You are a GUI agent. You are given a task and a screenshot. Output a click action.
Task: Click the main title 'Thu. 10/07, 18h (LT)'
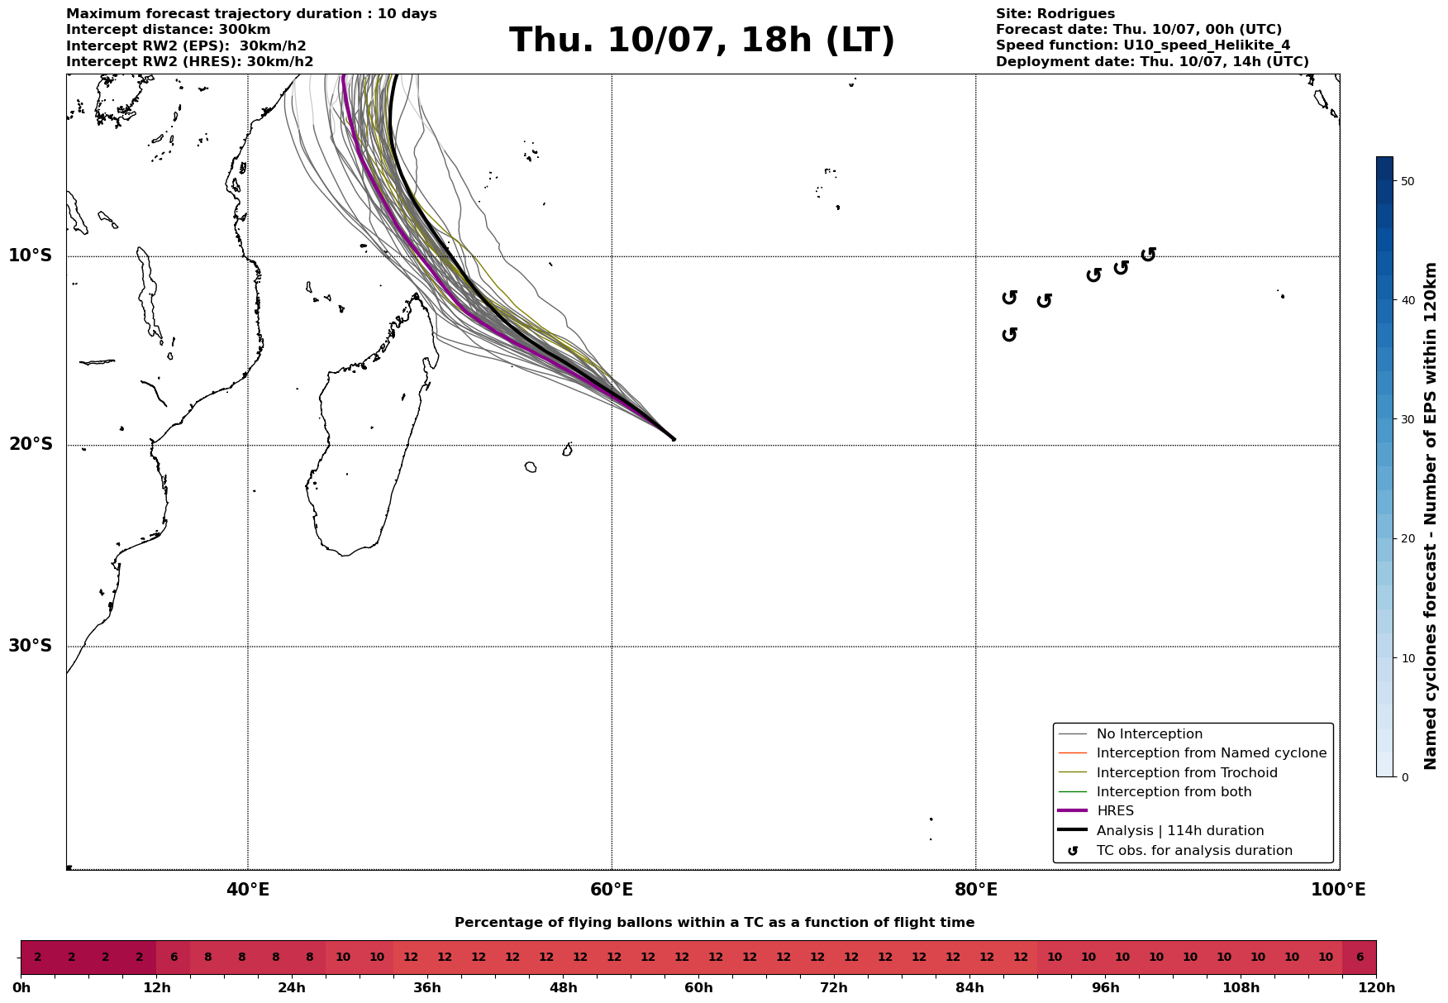click(x=702, y=41)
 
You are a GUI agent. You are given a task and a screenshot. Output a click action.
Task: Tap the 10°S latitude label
click(x=31, y=256)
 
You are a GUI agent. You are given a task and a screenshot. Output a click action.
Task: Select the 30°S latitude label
click(x=31, y=646)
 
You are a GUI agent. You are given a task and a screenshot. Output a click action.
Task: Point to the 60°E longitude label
click(x=612, y=890)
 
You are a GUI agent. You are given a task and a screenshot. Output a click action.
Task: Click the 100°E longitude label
click(x=1338, y=890)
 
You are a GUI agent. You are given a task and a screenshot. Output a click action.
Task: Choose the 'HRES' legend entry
click(x=1115, y=811)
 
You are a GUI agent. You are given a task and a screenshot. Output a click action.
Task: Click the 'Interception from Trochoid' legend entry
click(x=1186, y=773)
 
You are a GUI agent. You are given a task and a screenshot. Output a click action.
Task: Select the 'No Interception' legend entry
click(x=1149, y=734)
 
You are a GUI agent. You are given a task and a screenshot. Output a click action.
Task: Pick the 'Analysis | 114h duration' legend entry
click(x=1179, y=831)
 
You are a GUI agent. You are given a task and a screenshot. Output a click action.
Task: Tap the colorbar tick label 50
click(x=1408, y=181)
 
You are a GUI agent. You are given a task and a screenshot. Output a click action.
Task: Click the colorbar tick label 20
click(x=1408, y=539)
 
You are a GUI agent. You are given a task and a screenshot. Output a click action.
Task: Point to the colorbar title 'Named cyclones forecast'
click(x=1431, y=516)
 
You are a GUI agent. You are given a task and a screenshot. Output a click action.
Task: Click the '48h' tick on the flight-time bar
click(x=563, y=988)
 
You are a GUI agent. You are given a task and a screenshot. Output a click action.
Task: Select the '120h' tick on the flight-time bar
click(x=1376, y=988)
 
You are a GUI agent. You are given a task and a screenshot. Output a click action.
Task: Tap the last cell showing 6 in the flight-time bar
click(x=1359, y=958)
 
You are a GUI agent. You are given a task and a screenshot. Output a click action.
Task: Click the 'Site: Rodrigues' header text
click(x=1055, y=14)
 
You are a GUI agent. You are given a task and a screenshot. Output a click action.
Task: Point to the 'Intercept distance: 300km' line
click(x=168, y=30)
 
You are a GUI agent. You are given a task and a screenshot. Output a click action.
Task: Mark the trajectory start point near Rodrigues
click(x=673, y=439)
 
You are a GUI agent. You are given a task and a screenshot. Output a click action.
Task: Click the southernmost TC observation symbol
click(x=1009, y=334)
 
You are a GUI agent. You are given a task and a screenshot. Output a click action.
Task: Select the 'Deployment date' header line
click(x=1151, y=62)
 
